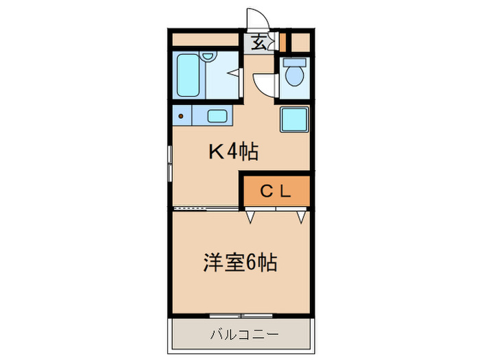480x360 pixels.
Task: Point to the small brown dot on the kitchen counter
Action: coord(181,116)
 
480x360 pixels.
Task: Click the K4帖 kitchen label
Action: coord(233,152)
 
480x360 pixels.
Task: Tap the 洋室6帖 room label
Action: coord(239,263)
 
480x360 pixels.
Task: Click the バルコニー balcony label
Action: coord(243,335)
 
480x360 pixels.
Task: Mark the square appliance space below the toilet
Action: coord(295,120)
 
